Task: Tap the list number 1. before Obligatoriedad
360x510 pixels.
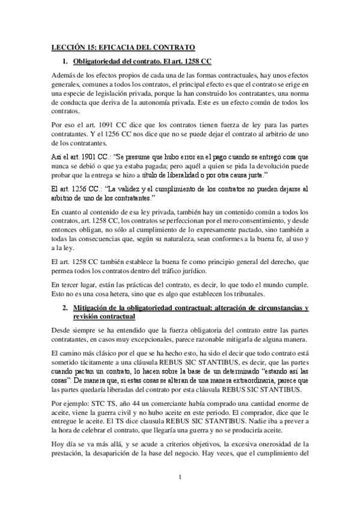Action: point(66,62)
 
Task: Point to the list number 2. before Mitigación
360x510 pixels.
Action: point(66,308)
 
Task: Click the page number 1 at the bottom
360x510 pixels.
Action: point(180,494)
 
